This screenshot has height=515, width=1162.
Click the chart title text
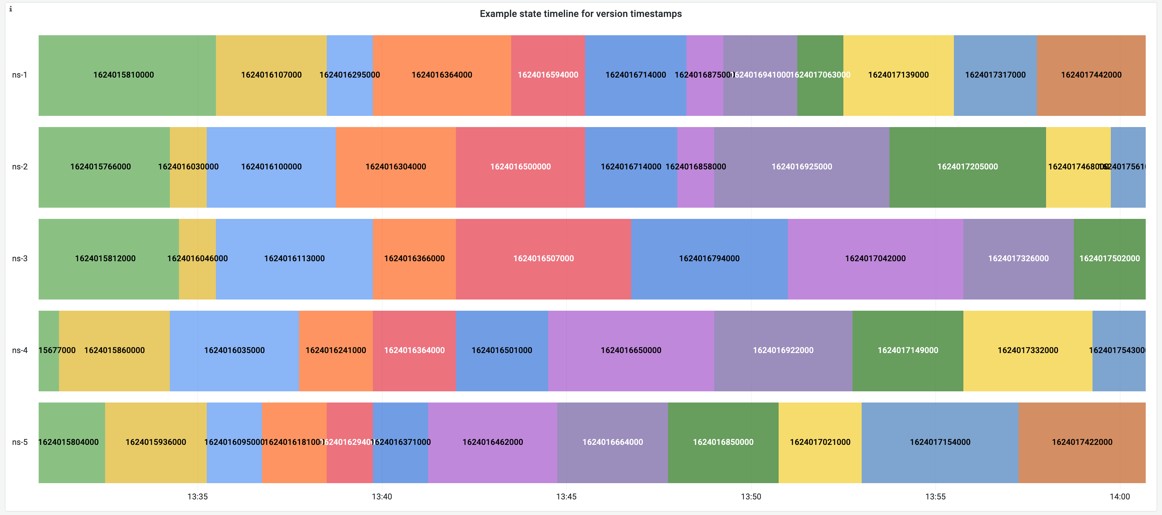point(581,14)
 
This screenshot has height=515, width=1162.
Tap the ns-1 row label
point(19,75)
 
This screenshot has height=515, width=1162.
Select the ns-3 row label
point(19,259)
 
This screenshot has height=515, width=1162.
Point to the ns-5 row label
point(19,442)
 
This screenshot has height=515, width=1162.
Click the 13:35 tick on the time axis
point(198,496)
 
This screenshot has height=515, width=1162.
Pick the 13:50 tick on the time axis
point(750,496)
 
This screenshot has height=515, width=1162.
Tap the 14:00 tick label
point(1120,496)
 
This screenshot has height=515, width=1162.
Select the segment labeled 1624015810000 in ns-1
point(124,75)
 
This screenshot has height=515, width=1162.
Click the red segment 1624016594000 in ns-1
point(548,75)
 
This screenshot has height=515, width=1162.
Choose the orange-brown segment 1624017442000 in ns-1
point(1091,75)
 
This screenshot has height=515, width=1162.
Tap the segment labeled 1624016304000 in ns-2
point(396,167)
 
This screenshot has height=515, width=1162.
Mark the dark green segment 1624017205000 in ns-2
point(967,167)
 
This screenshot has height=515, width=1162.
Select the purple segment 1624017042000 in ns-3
point(875,259)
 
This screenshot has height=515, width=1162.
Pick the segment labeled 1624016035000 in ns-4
point(234,350)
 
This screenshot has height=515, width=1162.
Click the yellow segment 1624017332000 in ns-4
point(1027,350)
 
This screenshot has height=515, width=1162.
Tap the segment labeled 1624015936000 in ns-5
point(156,442)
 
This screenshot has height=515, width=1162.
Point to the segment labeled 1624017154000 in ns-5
point(940,442)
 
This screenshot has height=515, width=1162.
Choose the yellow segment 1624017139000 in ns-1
point(898,75)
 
